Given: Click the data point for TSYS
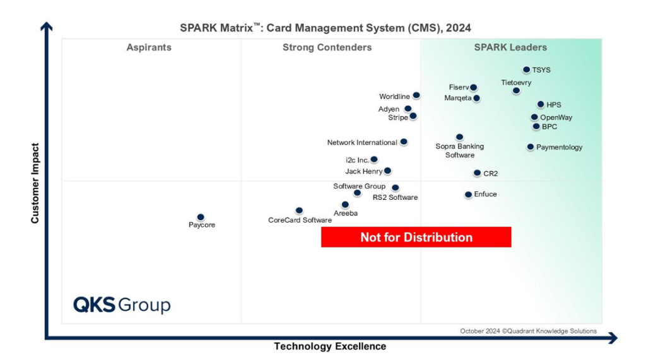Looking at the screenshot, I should [526, 70].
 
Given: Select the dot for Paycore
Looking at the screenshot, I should [201, 218].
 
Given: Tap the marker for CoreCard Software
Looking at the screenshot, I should [299, 211].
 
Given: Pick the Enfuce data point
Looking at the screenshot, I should [468, 195].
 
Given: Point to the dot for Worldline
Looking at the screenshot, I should [416, 96].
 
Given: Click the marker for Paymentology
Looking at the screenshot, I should [531, 147].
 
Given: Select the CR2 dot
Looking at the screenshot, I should [478, 173].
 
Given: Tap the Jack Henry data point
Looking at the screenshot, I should [387, 171].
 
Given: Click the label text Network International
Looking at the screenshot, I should [362, 142].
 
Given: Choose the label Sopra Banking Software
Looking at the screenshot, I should [460, 151].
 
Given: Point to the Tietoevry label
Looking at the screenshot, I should [516, 83].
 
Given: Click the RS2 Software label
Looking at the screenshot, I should [395, 197].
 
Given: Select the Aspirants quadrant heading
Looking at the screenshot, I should [149, 47].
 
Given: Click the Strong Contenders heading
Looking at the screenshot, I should [327, 47].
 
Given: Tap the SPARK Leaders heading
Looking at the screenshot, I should [510, 47].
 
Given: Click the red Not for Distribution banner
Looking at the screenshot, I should [416, 237].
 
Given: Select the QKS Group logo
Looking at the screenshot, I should [122, 305].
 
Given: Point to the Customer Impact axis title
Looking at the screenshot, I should [35, 183].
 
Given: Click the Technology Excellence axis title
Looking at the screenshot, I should [330, 346].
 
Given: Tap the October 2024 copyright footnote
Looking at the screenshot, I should [528, 331].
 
